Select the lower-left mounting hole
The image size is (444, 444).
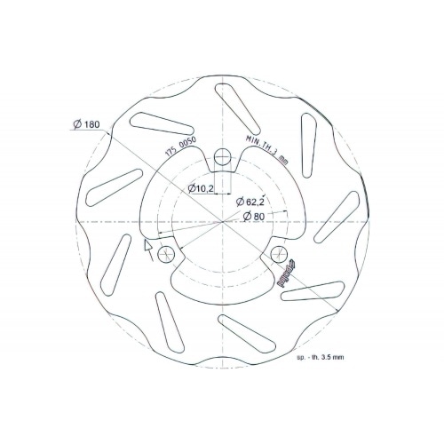tap(163, 256)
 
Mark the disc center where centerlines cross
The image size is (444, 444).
tap(221, 223)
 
